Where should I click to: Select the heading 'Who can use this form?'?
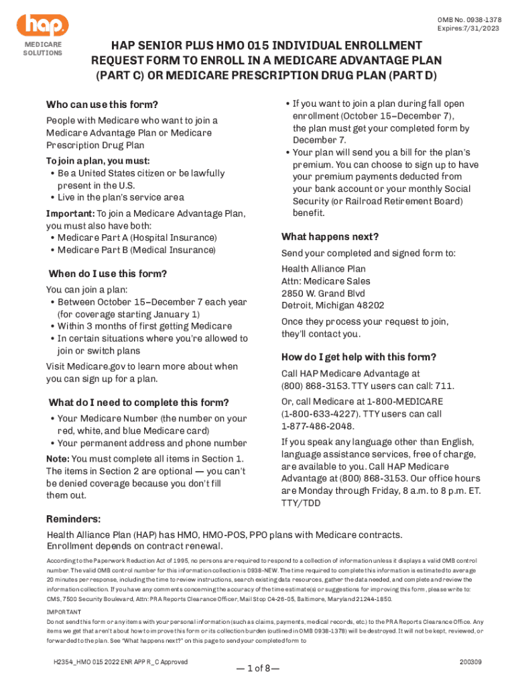(x=102, y=105)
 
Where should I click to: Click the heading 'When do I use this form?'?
(x=108, y=274)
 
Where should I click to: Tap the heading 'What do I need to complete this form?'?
(x=139, y=403)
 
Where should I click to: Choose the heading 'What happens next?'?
(x=330, y=237)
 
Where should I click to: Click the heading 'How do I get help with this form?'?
(x=359, y=356)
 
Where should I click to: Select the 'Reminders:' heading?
(x=73, y=519)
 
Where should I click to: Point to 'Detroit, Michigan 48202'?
(x=332, y=305)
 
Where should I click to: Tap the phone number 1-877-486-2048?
(x=316, y=426)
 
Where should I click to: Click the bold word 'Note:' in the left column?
(x=57, y=458)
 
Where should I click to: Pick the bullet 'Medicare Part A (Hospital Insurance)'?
(x=137, y=238)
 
